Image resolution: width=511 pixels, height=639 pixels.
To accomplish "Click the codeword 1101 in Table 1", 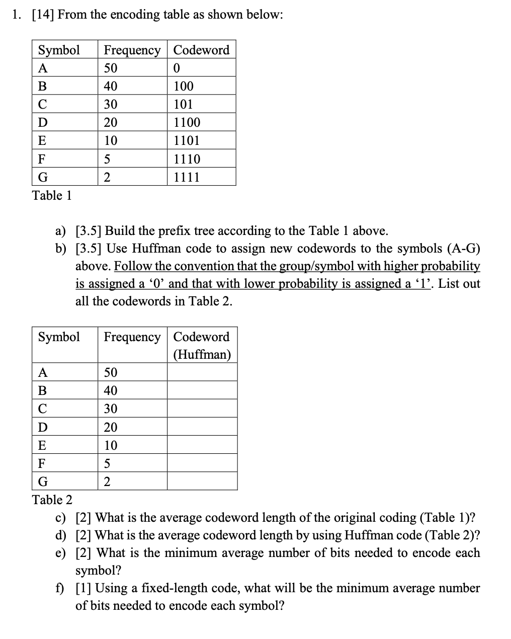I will coord(187,141).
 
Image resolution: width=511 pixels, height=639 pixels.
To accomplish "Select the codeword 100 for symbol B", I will coord(183,86).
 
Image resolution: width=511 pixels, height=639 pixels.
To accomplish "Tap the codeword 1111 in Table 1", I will coord(187,177).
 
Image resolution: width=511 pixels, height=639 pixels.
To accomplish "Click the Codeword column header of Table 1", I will coord(201,50).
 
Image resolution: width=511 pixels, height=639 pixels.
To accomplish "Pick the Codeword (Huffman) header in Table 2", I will coord(202,346).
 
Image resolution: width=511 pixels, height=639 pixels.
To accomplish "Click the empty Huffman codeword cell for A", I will coord(202,372).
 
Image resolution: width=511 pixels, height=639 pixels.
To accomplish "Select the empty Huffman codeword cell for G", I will coord(202,482).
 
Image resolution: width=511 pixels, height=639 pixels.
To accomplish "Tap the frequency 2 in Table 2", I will coord(107,482).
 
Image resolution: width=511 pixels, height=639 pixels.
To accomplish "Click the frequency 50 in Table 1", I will coord(111,68).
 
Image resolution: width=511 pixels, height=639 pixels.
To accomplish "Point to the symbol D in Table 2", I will coord(43,427).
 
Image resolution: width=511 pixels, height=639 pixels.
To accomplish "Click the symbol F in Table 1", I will coord(42,159).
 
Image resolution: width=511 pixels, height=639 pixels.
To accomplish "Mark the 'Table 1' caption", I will coord(52,195).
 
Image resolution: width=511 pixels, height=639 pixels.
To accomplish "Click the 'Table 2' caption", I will coord(52,500).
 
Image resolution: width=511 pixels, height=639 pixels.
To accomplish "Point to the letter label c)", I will coord(61,518).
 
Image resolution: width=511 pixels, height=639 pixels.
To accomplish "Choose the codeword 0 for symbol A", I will coord(177,68).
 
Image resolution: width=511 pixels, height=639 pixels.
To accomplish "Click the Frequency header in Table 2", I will coord(132,337).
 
